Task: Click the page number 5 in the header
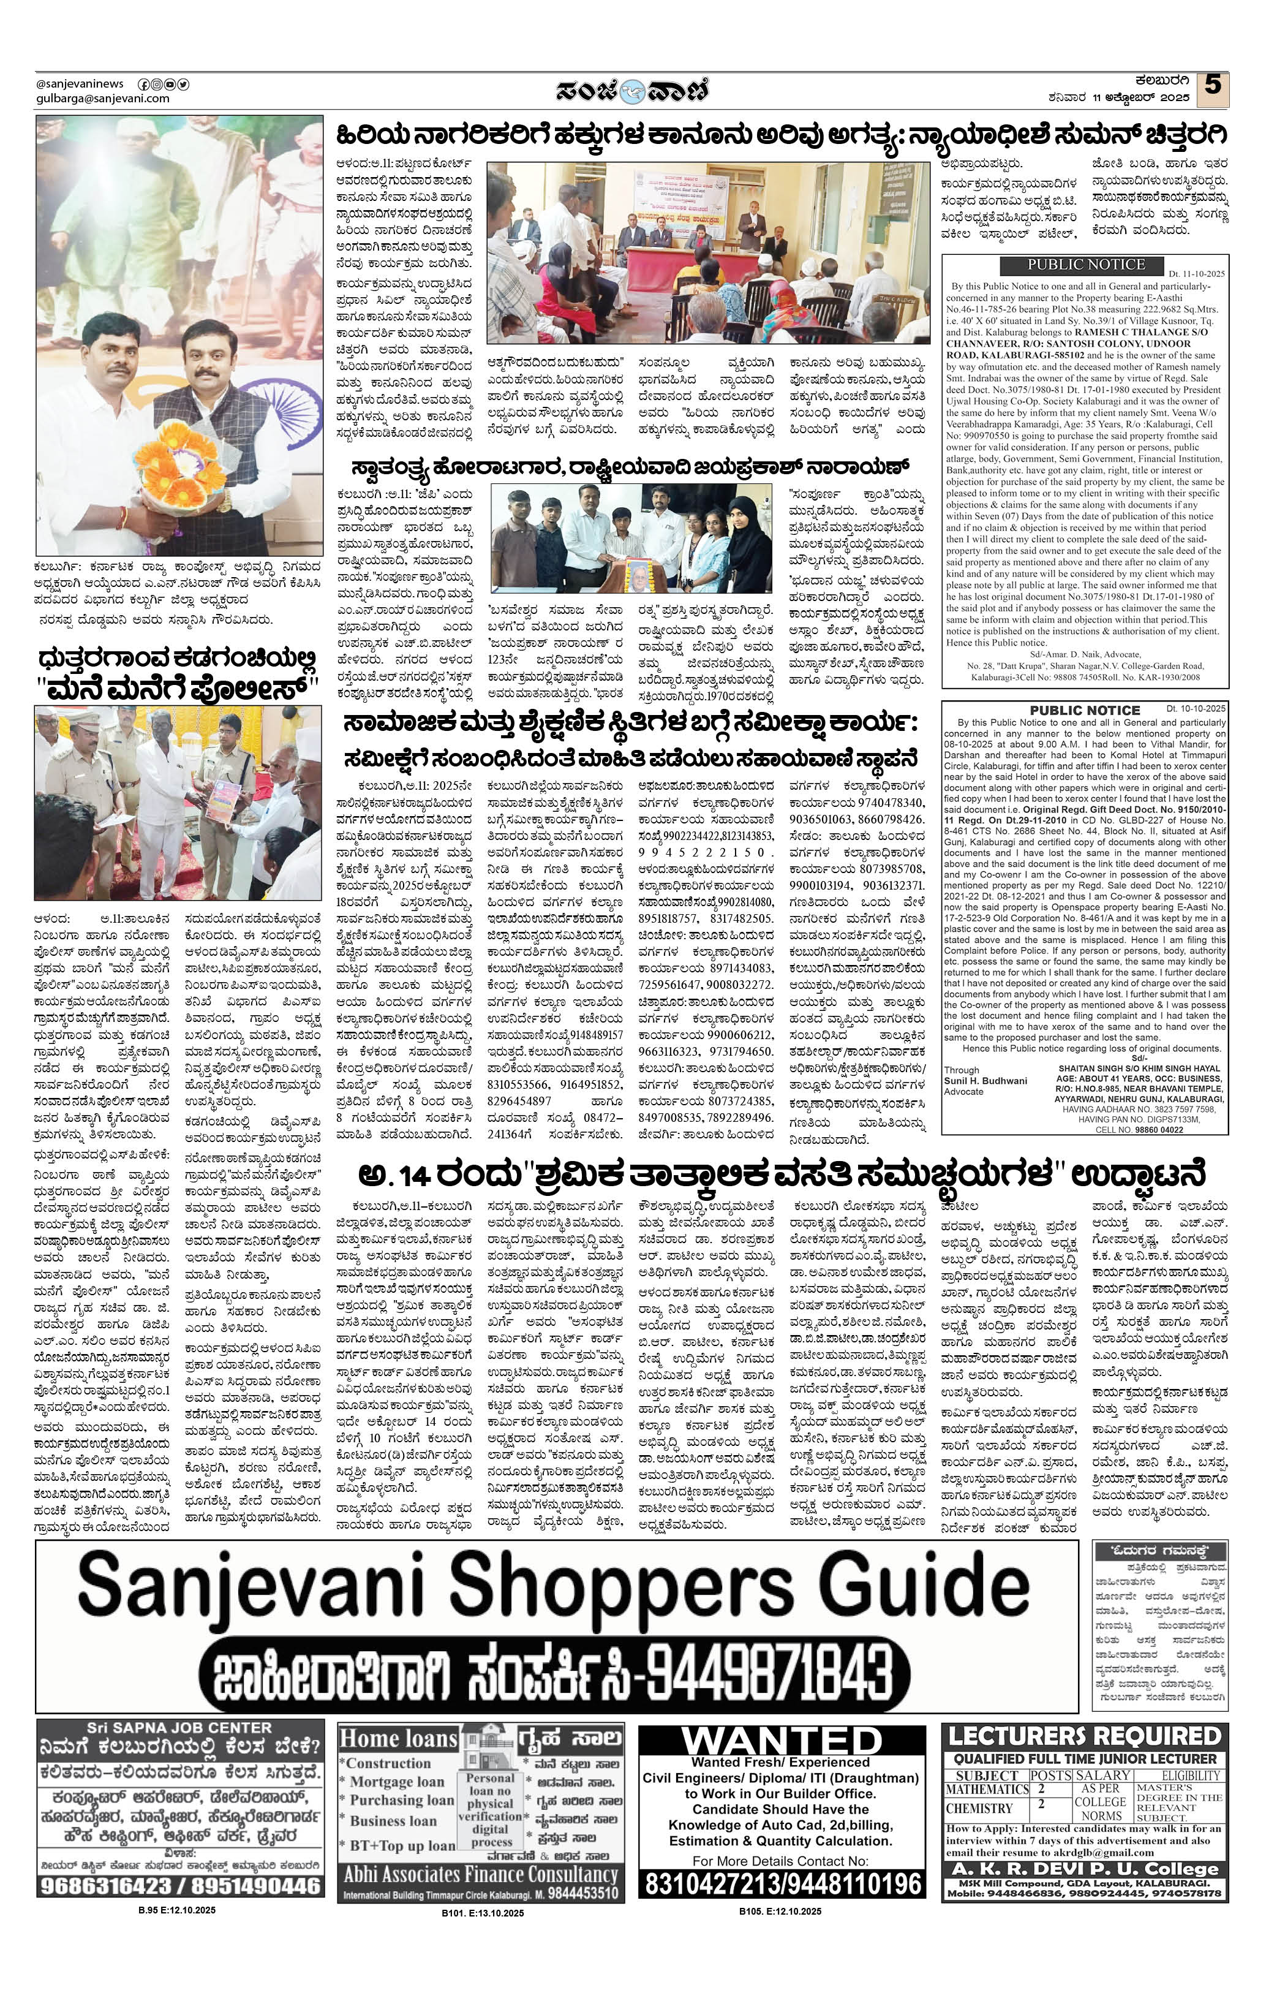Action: coord(1212,86)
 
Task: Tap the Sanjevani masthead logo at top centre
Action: coord(631,89)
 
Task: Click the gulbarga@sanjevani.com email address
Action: coord(102,99)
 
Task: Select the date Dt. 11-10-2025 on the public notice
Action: coord(1197,273)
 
